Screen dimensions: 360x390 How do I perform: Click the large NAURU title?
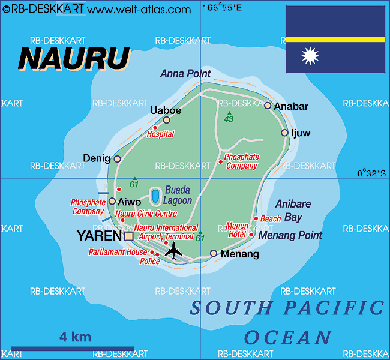click(x=74, y=58)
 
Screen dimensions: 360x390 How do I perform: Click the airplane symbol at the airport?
click(x=173, y=251)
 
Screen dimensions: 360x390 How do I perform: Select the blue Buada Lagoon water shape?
click(x=155, y=196)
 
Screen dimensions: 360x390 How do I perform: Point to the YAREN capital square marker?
click(x=129, y=236)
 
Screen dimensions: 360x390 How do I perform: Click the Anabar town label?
click(x=291, y=107)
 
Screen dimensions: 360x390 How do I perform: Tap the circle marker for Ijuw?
click(x=284, y=133)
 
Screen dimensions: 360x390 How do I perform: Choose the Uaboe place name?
click(x=165, y=110)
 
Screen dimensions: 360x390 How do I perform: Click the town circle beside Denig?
click(x=117, y=159)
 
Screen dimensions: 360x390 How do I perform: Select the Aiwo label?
click(x=130, y=202)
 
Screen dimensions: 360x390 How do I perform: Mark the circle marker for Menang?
click(x=213, y=254)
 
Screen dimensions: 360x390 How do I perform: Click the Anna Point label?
click(x=185, y=74)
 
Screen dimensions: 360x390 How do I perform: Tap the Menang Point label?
click(x=290, y=236)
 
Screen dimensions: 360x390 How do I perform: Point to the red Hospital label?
click(x=160, y=134)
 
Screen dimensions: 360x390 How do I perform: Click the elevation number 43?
click(x=229, y=119)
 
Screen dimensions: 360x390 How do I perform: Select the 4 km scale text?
click(x=75, y=337)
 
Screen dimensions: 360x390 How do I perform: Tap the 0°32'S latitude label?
click(x=371, y=173)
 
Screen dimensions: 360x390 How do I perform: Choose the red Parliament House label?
click(x=118, y=252)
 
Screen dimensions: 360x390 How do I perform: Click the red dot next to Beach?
click(x=256, y=218)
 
